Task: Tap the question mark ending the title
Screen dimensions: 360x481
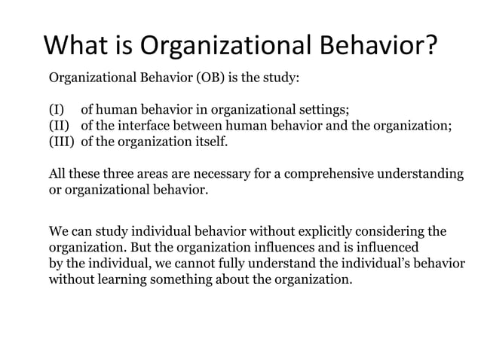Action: tap(428, 46)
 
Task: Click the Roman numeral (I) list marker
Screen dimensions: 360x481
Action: tap(57, 110)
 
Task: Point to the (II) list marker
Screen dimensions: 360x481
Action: tap(60, 126)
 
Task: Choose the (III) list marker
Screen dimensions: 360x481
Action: tap(63, 142)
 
